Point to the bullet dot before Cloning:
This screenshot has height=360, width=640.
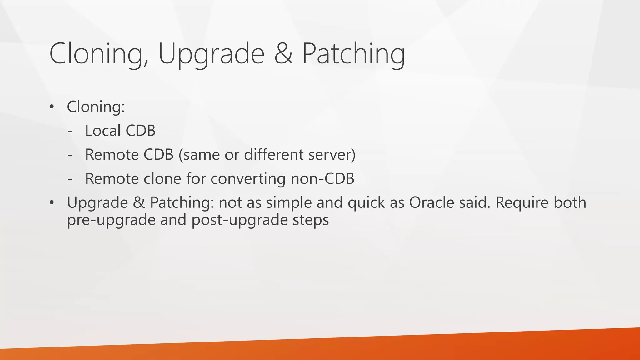tap(52, 107)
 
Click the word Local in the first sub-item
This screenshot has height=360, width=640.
tap(103, 131)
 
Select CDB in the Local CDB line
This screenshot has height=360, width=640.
tap(140, 131)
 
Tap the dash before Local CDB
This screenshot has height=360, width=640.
tap(70, 131)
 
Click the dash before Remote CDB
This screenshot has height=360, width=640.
tap(70, 155)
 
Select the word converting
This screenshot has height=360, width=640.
tap(248, 179)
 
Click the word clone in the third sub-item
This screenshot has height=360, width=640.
tap(162, 179)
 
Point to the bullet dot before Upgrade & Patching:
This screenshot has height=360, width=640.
tap(52, 203)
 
